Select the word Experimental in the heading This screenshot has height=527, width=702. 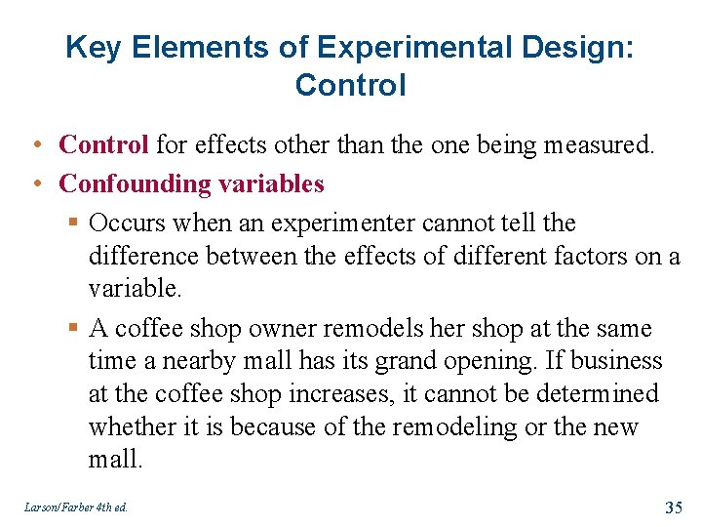[x=389, y=47]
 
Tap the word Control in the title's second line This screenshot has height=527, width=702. [x=350, y=85]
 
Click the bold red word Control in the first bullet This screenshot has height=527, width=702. [x=103, y=145]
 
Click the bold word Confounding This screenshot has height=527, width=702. [x=128, y=183]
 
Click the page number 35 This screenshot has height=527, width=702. [x=673, y=507]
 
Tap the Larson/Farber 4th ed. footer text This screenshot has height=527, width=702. [x=74, y=507]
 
